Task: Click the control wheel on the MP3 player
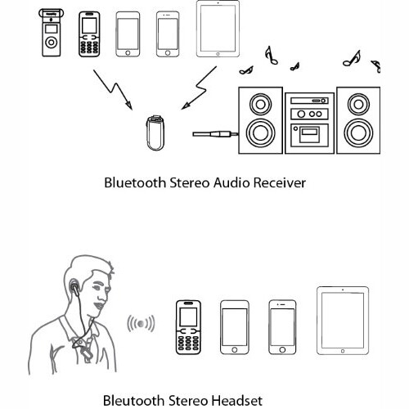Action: pos(52,43)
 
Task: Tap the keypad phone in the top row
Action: pos(89,34)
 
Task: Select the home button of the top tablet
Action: pos(218,54)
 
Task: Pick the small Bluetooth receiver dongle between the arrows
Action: pos(155,133)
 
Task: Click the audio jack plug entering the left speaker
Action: pos(215,134)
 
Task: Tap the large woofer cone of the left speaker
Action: pos(260,133)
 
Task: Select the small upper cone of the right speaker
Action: pos(358,104)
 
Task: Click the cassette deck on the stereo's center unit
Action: pos(309,135)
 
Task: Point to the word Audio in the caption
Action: pos(231,182)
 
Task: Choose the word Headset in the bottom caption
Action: pos(237,401)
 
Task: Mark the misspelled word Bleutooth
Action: pos(133,401)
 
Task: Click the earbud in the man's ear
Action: pos(74,286)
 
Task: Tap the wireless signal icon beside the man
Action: pos(141,324)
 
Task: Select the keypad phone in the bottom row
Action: pos(188,327)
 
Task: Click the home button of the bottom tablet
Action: pos(343,351)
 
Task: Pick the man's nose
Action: pos(107,293)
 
